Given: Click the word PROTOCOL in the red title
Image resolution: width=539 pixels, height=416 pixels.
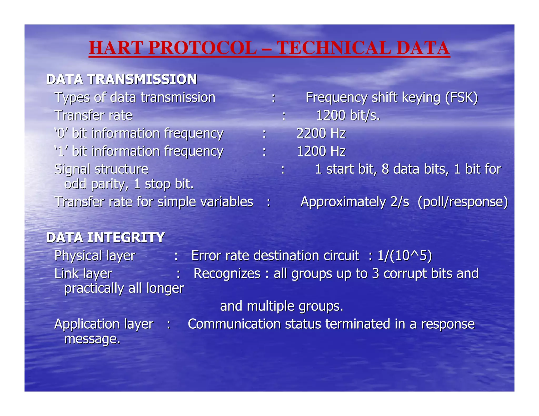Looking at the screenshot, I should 203,48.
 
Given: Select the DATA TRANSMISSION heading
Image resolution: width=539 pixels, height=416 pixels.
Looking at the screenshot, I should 121,79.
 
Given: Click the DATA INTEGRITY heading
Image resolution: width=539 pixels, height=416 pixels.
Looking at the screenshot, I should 106,237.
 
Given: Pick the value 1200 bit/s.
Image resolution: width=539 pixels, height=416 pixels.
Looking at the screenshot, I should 348,115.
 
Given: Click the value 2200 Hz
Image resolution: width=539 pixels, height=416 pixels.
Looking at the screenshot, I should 321,133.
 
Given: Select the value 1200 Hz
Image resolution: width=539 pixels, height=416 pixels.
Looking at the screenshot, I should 321,151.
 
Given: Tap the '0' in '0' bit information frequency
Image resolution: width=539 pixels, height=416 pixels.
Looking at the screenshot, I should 61,133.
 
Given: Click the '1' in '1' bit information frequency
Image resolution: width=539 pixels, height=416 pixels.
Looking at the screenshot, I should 61,151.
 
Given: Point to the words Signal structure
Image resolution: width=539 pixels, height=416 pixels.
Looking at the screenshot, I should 101,169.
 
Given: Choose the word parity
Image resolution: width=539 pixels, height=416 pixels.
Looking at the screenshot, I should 110,184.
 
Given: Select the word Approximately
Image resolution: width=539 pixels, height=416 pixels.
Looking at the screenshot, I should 343,202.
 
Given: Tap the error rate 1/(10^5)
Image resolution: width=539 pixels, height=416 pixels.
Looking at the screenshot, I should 405,256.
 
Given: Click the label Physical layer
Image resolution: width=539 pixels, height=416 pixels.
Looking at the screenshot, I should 95,256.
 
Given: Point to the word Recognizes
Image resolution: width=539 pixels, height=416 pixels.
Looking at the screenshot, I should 227,273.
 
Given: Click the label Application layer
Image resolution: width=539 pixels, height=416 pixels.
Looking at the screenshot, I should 104,324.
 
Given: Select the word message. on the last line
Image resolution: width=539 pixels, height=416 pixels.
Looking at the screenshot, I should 92,339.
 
